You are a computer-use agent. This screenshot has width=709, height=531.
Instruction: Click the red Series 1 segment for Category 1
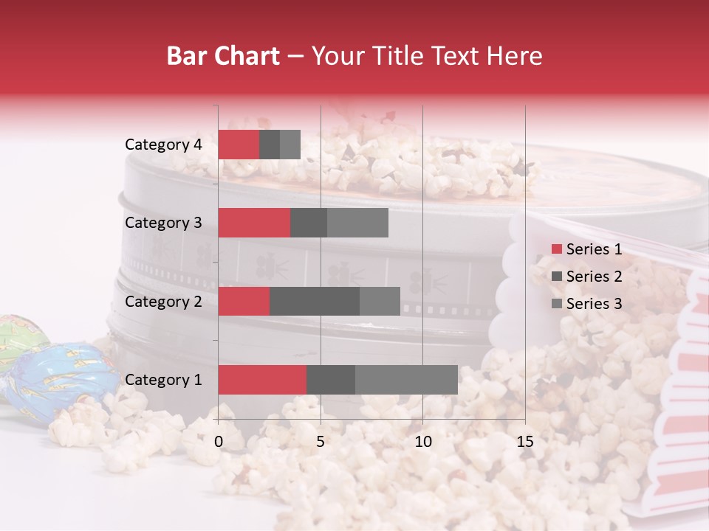262,380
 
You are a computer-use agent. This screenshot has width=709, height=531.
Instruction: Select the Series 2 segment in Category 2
315,301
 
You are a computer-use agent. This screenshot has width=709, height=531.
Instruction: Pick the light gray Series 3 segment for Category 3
357,223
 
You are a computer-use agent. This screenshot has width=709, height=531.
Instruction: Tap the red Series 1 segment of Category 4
239,145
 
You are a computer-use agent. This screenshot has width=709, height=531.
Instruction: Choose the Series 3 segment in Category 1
406,380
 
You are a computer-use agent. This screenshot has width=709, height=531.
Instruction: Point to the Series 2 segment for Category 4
270,145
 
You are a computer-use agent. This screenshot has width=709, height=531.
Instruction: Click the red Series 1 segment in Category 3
254,223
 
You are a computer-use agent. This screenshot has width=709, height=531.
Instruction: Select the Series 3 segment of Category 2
380,301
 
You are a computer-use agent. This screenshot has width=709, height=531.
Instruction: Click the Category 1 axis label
163,380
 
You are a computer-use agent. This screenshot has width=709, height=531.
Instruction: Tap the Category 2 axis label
163,301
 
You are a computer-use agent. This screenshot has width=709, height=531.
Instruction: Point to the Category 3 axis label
163,223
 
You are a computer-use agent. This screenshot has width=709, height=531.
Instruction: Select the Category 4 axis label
163,145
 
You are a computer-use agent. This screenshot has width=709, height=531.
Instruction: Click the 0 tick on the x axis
219,442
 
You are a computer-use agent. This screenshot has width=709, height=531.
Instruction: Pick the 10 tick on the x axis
422,442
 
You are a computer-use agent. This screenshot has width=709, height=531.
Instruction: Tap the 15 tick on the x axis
524,442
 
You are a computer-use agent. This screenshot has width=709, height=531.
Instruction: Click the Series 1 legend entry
586,249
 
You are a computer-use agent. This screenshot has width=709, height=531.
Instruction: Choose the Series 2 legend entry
586,277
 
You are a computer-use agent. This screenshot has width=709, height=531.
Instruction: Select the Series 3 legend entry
586,304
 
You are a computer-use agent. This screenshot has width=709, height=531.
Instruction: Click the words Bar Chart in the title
223,56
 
